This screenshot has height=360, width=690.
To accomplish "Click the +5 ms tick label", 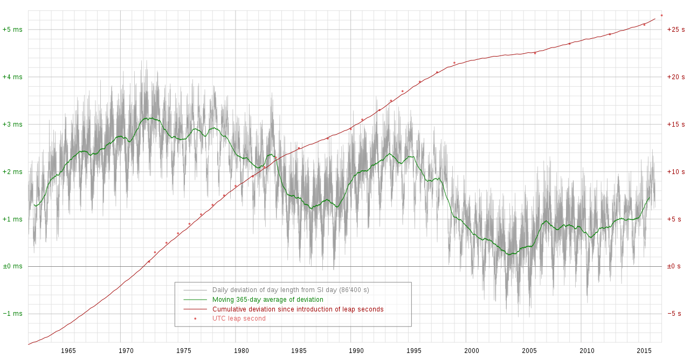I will point(12,30).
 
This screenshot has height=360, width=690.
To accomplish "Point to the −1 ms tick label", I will point(12,314).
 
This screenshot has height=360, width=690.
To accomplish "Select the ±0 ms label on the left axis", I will point(12,266).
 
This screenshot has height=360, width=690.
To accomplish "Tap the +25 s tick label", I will point(676,30).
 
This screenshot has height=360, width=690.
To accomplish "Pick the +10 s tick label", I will point(676,172).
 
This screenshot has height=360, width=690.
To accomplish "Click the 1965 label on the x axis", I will point(68,351).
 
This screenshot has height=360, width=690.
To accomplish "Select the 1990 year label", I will point(356,351).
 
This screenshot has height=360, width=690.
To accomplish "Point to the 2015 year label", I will point(645,351).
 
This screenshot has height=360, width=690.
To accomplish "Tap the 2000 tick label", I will point(472,351).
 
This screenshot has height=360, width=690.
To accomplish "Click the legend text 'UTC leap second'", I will point(239,319).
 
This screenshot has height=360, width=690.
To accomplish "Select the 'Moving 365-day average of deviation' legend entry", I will point(267,300).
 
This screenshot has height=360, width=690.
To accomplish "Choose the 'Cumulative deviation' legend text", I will point(298,309).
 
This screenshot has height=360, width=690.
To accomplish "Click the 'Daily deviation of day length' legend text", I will point(291,290).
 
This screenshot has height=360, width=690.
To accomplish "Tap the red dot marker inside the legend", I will point(195,319).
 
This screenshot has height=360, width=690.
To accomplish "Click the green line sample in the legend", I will point(195,300).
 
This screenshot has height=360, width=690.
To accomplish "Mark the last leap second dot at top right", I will point(661,15).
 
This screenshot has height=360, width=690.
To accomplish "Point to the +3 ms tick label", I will point(12,124).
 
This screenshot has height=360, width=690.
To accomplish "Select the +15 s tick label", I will point(676,124).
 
